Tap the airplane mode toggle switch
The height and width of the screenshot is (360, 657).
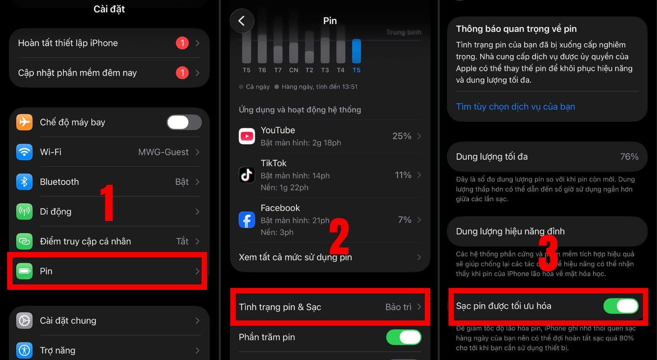tap(184, 122)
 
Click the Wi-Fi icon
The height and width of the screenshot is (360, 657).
tap(24, 152)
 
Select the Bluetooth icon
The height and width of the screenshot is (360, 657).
tap(24, 182)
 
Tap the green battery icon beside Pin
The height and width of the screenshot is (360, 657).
tap(24, 271)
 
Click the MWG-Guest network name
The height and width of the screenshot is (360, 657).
tap(163, 152)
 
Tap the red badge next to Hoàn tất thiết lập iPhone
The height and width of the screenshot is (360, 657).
tap(182, 43)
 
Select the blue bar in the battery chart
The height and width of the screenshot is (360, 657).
tap(356, 51)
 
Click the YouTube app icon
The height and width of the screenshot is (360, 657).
tap(247, 136)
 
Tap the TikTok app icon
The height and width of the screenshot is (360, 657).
tap(247, 175)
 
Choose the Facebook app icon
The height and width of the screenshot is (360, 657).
tap(247, 220)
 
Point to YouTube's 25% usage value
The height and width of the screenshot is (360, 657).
tap(402, 136)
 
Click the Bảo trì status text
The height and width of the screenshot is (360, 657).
tap(398, 307)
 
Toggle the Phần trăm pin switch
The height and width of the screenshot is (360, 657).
tap(404, 337)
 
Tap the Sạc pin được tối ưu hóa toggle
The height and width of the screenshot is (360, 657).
tap(621, 306)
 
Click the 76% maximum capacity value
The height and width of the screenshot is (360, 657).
tap(629, 157)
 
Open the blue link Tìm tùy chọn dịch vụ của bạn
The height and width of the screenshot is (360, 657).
tap(515, 107)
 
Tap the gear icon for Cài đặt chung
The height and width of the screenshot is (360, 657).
tap(24, 321)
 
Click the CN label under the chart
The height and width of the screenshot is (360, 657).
tap(293, 70)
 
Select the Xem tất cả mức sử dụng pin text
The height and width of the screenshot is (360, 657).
tap(295, 257)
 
